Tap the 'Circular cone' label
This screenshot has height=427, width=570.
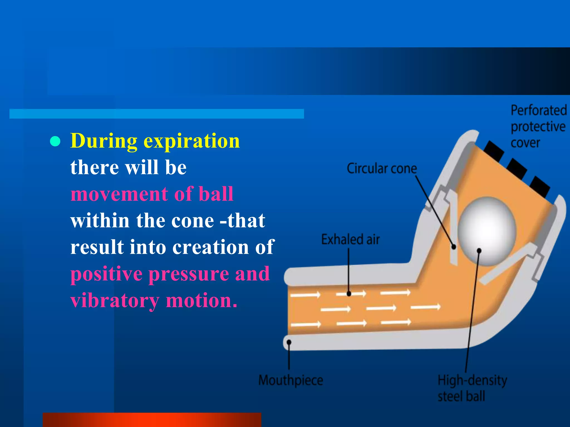tap(382, 168)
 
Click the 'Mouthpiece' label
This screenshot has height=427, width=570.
tap(291, 380)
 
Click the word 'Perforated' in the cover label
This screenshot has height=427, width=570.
tap(539, 110)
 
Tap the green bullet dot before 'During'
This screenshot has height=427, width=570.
tap(55, 141)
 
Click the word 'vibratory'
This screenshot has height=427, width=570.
tap(115, 301)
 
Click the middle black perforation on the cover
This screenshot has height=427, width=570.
tap(517, 168)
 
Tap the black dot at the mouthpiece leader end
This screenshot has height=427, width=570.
tap(289, 342)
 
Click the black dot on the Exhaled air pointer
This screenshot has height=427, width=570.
tap(349, 294)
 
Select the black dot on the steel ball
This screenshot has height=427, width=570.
tap(479, 251)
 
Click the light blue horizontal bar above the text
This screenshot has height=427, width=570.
tap(156, 114)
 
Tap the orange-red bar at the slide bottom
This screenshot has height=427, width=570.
tap(152, 420)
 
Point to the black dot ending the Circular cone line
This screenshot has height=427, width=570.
tap(453, 247)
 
